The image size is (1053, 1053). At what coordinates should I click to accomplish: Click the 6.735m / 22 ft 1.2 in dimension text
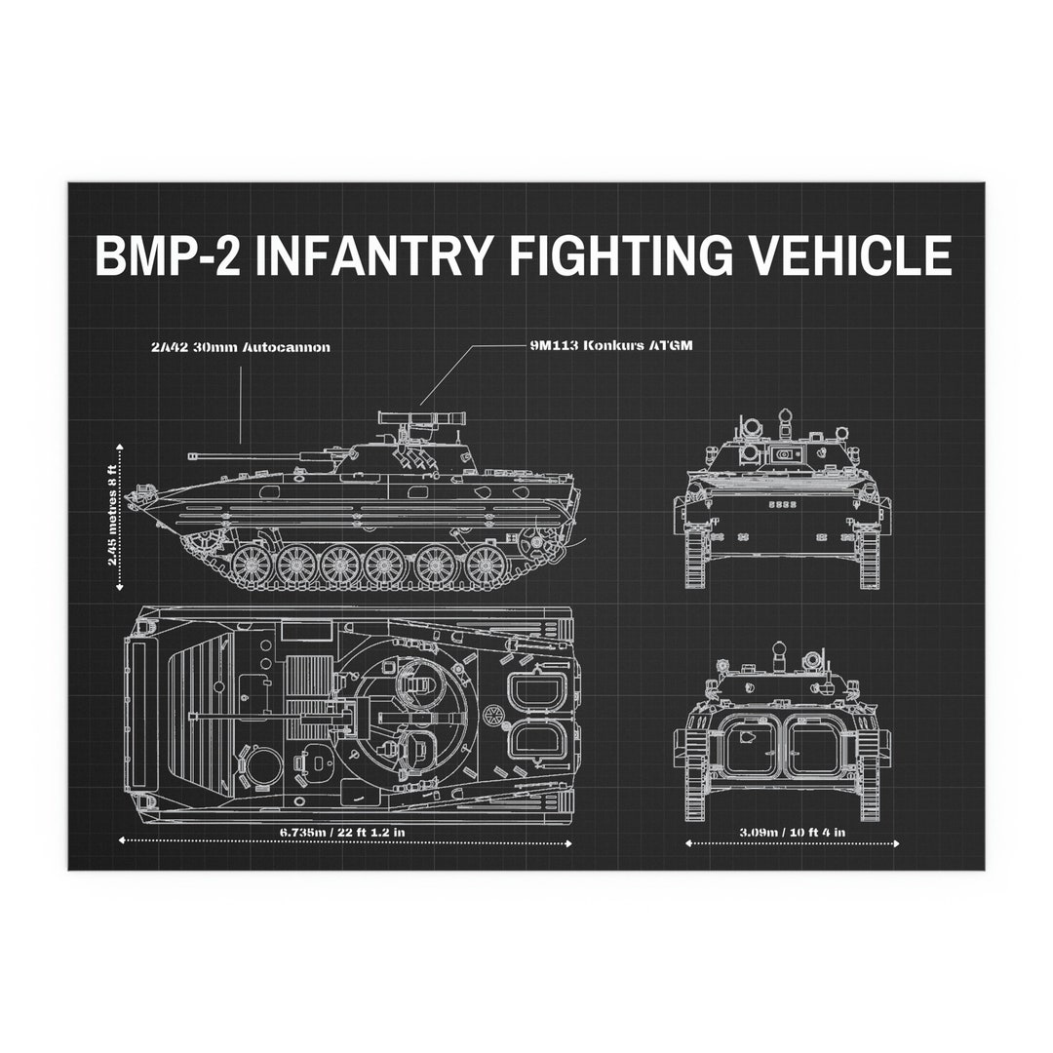tap(343, 832)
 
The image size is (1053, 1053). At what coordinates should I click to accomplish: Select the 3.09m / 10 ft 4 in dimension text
tap(792, 832)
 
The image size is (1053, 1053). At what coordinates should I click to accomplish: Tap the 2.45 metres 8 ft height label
tap(115, 515)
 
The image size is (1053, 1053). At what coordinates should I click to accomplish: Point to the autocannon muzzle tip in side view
tap(192, 455)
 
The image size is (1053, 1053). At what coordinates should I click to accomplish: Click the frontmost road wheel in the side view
tap(251, 564)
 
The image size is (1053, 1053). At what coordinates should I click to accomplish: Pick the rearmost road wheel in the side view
tap(485, 564)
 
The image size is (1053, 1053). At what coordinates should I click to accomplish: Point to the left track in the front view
tap(697, 556)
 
